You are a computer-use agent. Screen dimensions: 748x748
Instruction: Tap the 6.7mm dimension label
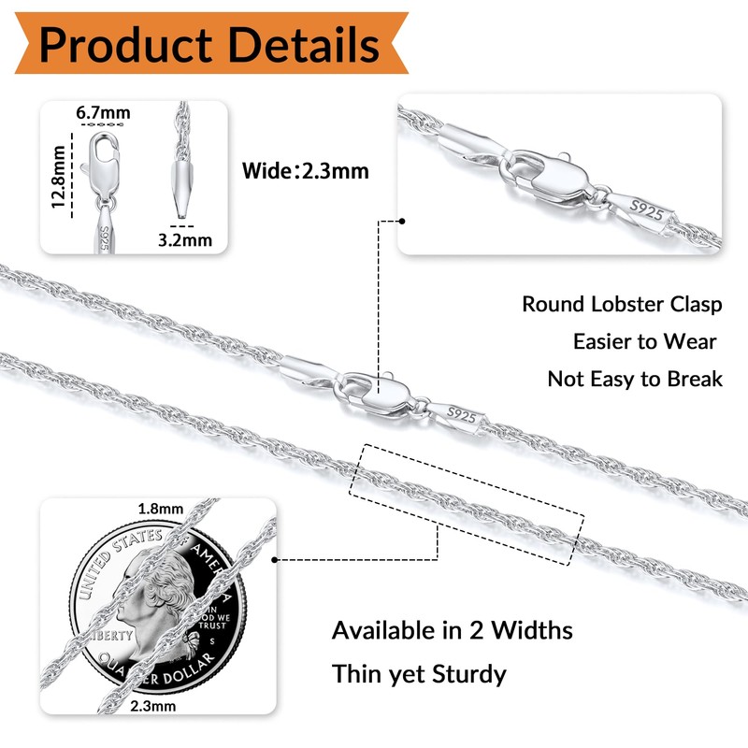tap(103, 113)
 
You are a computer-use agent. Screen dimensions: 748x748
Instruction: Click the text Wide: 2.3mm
tap(305, 171)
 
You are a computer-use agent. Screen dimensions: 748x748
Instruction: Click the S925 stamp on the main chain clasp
tap(463, 411)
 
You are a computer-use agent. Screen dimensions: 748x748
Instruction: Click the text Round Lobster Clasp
tap(622, 304)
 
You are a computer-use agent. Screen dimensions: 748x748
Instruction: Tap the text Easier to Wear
tap(645, 341)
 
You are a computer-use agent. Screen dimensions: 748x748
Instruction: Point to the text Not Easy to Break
tap(635, 379)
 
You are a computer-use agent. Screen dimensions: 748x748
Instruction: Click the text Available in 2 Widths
tap(453, 630)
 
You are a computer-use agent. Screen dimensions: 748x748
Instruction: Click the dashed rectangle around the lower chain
tap(467, 502)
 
